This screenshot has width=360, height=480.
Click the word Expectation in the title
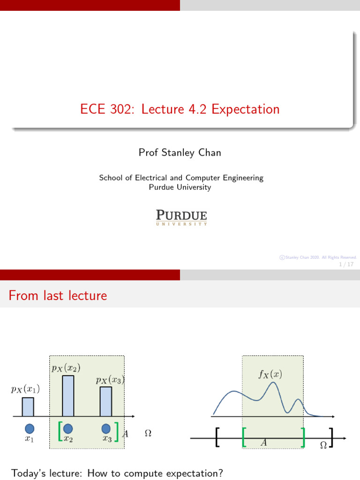(x=245, y=110)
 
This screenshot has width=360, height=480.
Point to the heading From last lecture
(x=58, y=296)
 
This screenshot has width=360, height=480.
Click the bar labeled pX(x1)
(x=28, y=407)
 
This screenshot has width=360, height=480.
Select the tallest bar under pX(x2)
(x=68, y=396)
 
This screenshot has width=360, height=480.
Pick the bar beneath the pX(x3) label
(x=106, y=401)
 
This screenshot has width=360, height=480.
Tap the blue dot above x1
(x=30, y=428)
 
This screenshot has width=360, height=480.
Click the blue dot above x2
(x=68, y=428)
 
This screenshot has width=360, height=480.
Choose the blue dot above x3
(x=106, y=428)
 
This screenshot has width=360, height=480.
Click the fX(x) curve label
(x=270, y=374)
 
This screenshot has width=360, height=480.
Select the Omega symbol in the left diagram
(x=148, y=434)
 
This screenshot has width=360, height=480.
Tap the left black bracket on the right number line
(x=217, y=437)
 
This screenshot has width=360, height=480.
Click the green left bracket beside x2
(x=60, y=431)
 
